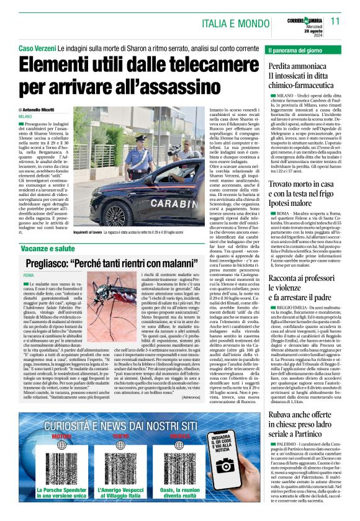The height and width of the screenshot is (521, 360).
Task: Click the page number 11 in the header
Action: [x=336, y=21]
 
